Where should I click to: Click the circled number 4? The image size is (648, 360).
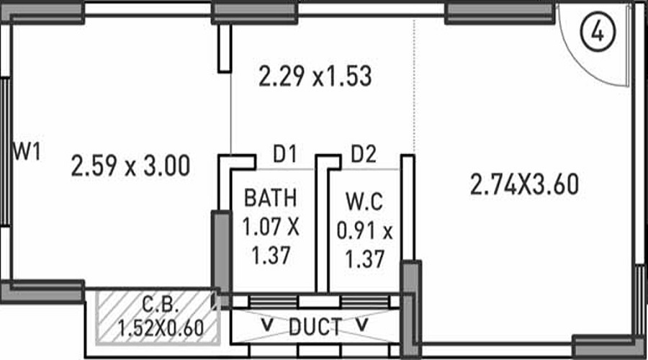click(x=597, y=32)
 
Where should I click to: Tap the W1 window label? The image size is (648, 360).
click(x=27, y=152)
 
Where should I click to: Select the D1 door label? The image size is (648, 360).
click(x=284, y=153)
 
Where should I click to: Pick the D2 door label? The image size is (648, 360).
click(x=364, y=153)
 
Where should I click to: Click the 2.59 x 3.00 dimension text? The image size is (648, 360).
click(x=130, y=167)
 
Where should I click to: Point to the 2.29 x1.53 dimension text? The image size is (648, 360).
click(x=315, y=76)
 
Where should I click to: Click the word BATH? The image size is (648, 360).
click(x=269, y=197)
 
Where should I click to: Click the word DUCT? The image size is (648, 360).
click(x=315, y=328)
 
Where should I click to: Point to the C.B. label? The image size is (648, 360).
click(x=157, y=302)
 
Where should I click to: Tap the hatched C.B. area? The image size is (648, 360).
click(x=108, y=317)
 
